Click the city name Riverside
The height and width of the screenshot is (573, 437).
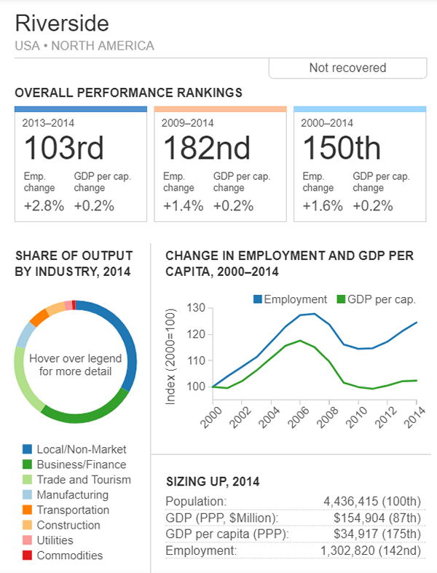coord(62,24)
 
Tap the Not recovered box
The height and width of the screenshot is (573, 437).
coord(347,68)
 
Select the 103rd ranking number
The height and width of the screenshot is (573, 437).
coord(64,149)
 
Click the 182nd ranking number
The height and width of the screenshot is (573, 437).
coord(206,149)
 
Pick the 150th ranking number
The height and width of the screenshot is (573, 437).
coord(341,149)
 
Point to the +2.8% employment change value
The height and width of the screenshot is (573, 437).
coord(44,205)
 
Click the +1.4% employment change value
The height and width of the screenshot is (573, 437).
coord(183,205)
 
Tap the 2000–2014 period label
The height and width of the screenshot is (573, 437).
coord(327,123)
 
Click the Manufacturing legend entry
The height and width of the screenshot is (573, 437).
coord(73,495)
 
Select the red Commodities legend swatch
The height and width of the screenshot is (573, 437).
coord(26,556)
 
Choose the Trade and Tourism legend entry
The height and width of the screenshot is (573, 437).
coord(84,480)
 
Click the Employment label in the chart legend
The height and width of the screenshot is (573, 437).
coord(295,299)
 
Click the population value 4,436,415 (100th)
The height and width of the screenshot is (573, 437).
coord(372,502)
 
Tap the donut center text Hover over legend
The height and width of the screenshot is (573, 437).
coord(75,358)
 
